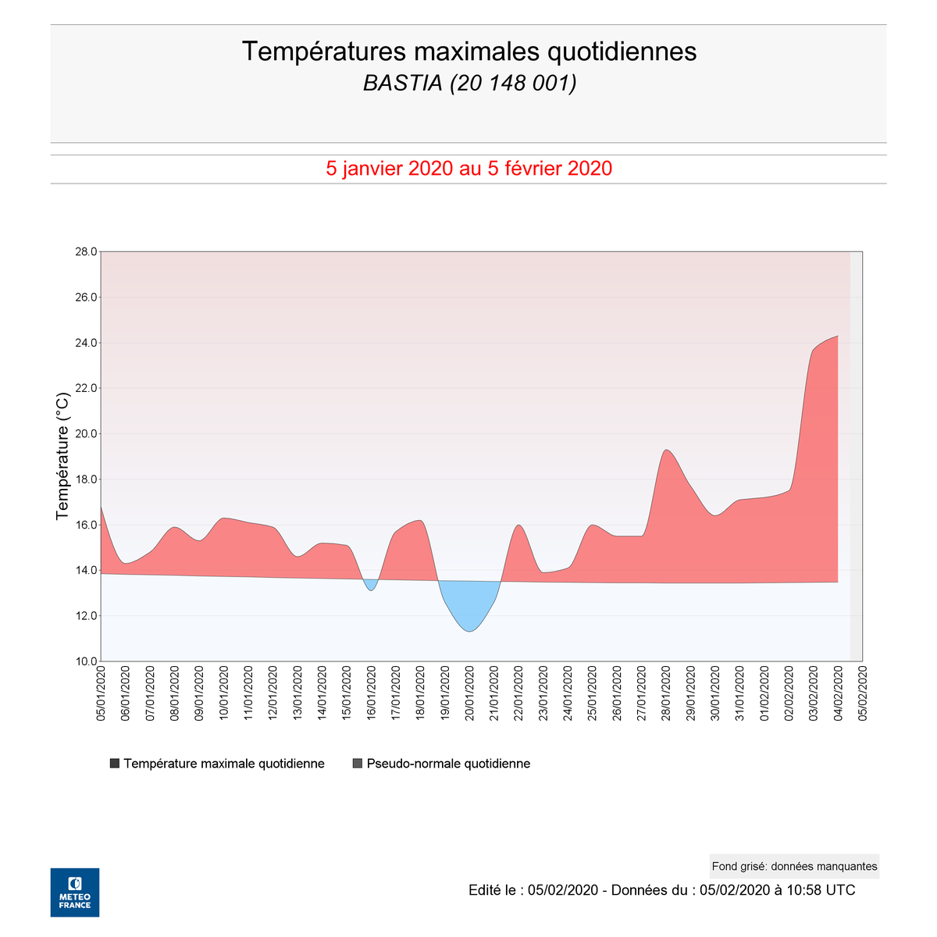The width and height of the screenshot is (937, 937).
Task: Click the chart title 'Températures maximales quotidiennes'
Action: [468, 52]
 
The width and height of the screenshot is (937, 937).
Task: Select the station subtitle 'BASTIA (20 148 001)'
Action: [469, 83]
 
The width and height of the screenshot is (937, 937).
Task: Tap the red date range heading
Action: [468, 169]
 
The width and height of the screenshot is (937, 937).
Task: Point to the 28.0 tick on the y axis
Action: [85, 252]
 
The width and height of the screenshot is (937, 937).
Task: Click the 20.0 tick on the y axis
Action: [85, 434]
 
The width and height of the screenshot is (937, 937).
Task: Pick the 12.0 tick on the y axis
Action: [85, 616]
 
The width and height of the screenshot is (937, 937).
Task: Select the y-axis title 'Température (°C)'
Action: [63, 456]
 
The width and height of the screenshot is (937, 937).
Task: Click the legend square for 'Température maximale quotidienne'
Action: [115, 764]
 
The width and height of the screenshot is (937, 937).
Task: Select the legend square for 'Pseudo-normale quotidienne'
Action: [358, 764]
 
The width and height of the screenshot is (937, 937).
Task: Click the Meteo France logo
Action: [75, 892]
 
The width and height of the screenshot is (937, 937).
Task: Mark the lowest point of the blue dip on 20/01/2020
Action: [469, 631]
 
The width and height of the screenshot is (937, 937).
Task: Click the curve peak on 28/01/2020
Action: [665, 450]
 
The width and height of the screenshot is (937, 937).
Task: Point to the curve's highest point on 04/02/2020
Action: [837, 337]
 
